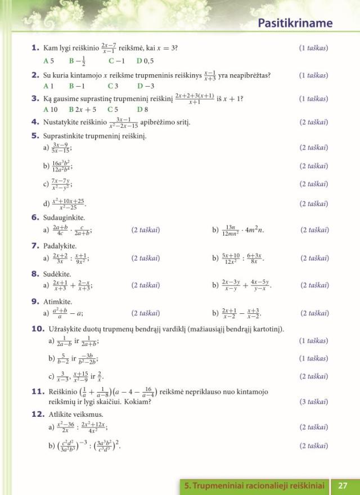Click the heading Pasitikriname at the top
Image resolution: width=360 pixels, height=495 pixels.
(295, 23)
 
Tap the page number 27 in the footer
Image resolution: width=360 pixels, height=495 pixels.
(343, 485)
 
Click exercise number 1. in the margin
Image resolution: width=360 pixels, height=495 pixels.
(35, 48)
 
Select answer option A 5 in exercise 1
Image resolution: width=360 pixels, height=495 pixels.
(48, 61)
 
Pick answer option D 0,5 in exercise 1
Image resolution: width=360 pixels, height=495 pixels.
(145, 61)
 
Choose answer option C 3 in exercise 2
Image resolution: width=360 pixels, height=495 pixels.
(113, 86)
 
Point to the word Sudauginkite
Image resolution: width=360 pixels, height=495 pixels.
(64, 217)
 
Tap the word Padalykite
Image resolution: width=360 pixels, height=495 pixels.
(60, 246)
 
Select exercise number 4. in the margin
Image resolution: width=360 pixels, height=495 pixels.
(35, 122)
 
